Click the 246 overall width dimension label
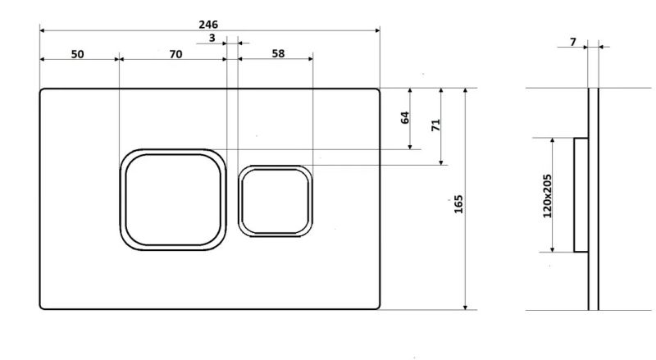click(208, 25)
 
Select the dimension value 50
click(77, 54)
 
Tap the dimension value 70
click(175, 54)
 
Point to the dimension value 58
click(278, 53)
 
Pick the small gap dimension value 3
click(212, 38)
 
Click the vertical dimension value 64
click(404, 117)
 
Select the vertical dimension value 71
click(435, 125)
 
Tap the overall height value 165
click(458, 204)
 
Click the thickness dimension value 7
click(572, 42)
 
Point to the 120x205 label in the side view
click(547, 196)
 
